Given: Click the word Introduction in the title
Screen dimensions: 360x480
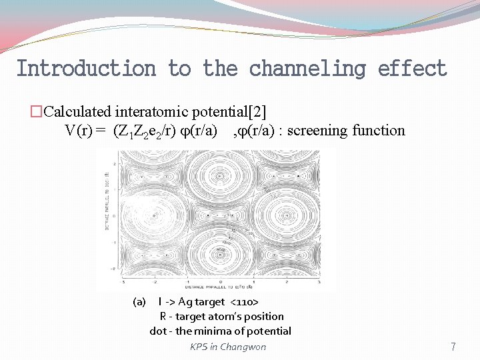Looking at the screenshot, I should click(85, 69).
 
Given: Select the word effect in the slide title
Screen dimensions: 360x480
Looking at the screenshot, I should click(412, 69).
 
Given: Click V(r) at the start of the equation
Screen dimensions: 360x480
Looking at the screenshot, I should click(79, 131).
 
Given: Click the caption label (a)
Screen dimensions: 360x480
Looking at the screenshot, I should click(139, 302).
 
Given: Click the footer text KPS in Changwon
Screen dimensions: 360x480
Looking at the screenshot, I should click(228, 347).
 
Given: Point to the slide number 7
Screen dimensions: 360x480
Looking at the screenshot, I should click(453, 347).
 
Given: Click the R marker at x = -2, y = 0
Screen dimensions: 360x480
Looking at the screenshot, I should click(154, 215).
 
